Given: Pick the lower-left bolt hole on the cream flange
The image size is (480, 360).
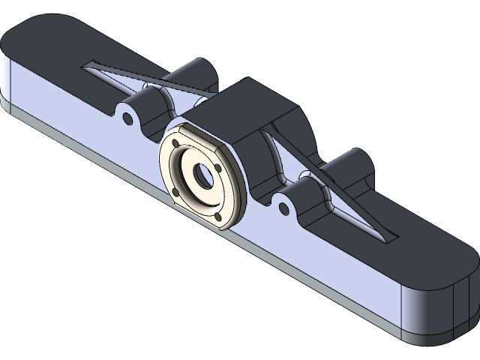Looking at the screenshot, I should pyautogui.click(x=177, y=193).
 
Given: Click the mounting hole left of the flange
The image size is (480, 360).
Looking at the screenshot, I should pyautogui.click(x=127, y=116).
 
